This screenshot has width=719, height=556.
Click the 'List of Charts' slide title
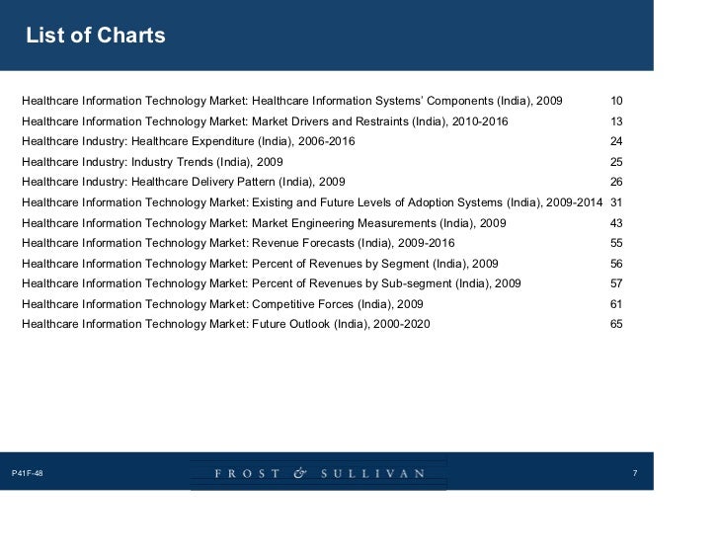(95, 37)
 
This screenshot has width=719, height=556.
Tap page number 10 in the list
(616, 102)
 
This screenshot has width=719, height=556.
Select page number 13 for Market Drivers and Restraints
(616, 121)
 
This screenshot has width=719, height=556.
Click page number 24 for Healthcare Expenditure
(616, 142)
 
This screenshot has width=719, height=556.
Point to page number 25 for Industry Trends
(616, 162)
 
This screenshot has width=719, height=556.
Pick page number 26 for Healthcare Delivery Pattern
(616, 183)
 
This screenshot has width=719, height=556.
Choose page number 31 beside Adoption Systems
(616, 202)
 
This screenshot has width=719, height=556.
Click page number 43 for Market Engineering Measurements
(616, 223)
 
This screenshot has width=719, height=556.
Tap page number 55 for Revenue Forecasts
(616, 243)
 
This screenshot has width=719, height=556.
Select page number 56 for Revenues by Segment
(616, 264)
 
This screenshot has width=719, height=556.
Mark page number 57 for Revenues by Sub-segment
(616, 283)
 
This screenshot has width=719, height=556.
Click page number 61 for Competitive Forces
(616, 304)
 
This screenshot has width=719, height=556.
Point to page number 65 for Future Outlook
(616, 324)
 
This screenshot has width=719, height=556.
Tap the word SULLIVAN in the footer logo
(372, 474)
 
